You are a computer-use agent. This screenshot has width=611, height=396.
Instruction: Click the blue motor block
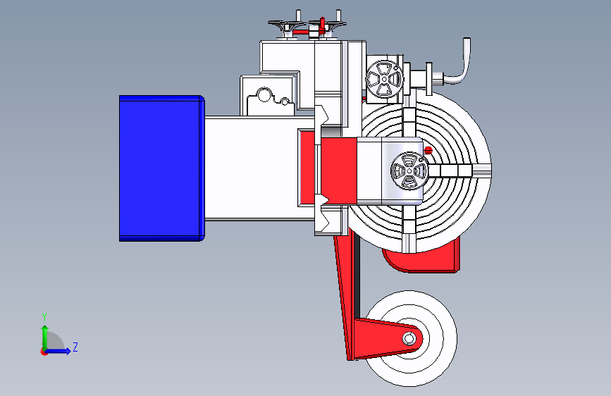pos(161,168)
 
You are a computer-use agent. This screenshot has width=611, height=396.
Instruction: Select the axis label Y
pos(44,316)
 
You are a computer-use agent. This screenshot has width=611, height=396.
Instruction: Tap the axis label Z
pos(75,347)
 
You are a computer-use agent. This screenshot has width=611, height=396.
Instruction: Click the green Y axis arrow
pos(45,338)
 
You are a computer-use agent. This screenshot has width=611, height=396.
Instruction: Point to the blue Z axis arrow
pos(58,351)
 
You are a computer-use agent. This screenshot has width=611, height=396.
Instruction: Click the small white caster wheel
pos(410,338)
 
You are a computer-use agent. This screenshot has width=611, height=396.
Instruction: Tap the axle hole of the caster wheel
pos(409,339)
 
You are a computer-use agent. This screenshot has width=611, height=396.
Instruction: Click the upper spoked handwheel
pos(384,79)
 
